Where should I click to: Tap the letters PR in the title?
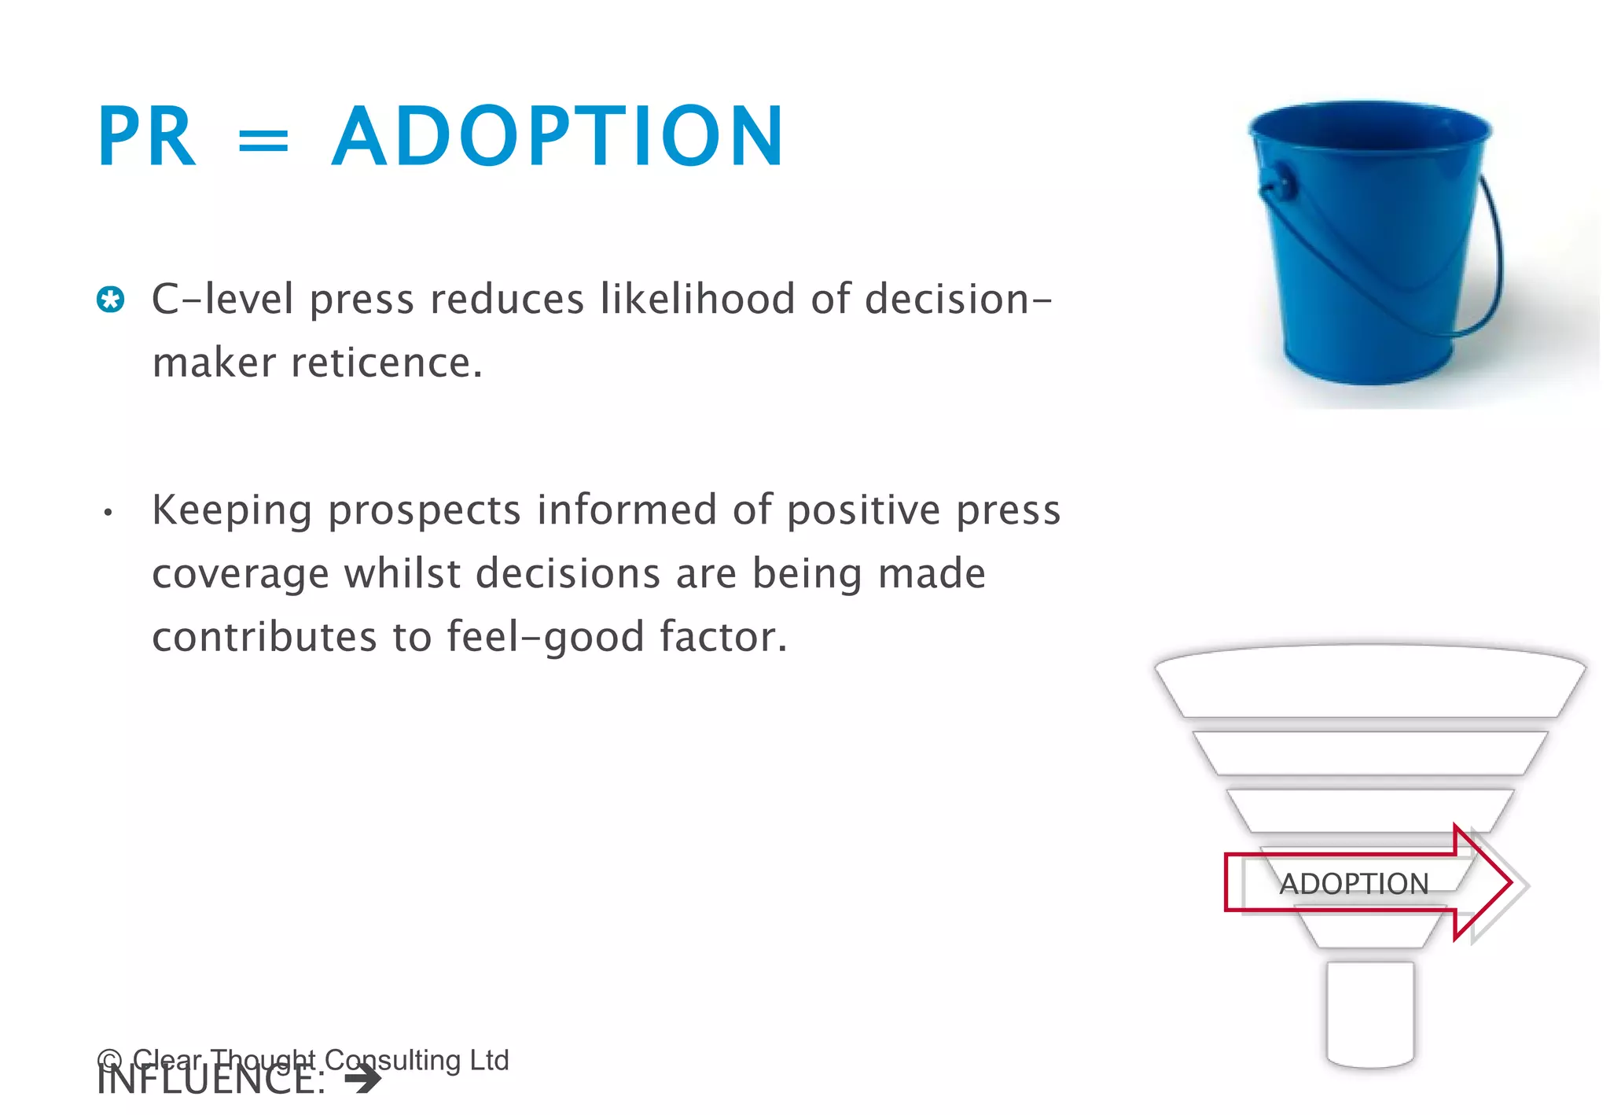[x=146, y=138]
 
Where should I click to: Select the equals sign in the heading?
[x=263, y=142]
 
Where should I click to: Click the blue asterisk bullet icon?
[x=111, y=300]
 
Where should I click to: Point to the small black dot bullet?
[x=108, y=513]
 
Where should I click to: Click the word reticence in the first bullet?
[x=385, y=363]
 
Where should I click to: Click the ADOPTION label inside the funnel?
[x=1353, y=884]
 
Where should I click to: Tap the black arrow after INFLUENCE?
[x=363, y=1080]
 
